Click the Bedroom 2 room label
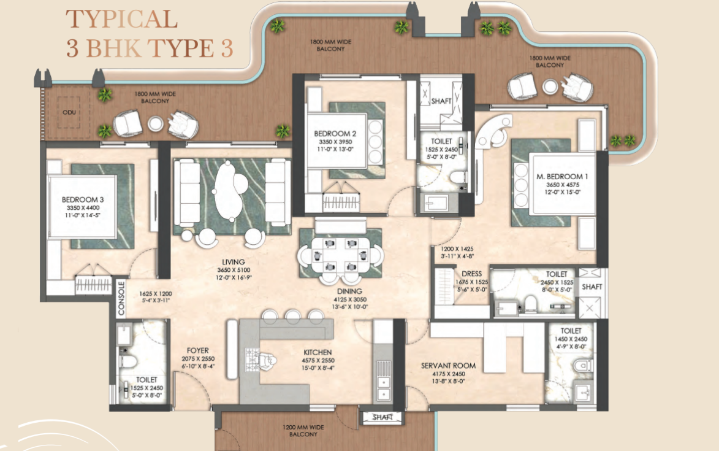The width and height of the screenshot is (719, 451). (335, 134)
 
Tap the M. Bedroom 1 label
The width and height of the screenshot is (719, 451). (562, 177)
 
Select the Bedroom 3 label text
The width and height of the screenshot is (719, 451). (83, 199)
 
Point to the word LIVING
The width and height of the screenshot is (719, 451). (234, 262)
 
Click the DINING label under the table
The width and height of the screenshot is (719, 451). (349, 291)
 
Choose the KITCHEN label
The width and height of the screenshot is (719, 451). (318, 352)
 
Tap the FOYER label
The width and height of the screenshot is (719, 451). (197, 350)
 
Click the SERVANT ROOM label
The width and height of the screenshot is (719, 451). (448, 366)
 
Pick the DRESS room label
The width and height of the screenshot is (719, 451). (471, 274)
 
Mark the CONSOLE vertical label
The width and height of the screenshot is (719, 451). (121, 299)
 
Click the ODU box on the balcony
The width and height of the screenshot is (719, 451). (69, 112)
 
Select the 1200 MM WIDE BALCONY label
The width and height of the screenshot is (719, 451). (303, 430)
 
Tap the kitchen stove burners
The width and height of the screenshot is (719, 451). (253, 360)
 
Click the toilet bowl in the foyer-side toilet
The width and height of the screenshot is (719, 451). (128, 361)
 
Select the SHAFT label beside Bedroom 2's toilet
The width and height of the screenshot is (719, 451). (441, 101)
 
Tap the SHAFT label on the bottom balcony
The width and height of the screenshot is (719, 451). (382, 417)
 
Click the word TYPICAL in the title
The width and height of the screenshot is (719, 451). (122, 19)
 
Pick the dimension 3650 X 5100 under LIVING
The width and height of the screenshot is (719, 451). (234, 270)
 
